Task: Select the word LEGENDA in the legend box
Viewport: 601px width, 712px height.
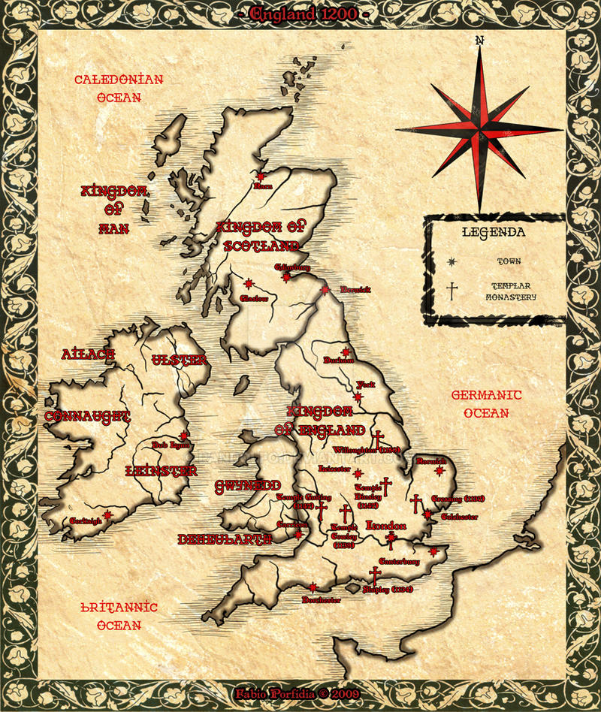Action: tap(494, 232)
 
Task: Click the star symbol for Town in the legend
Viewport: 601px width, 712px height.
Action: tap(452, 261)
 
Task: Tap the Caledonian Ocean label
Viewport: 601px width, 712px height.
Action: tap(119, 88)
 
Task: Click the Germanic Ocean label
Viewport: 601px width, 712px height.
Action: tap(486, 403)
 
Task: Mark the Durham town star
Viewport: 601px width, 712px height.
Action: tap(346, 351)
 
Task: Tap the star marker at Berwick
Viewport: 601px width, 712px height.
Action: tap(325, 290)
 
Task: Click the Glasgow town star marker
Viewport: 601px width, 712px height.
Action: tap(248, 284)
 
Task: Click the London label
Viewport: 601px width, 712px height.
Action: tap(385, 526)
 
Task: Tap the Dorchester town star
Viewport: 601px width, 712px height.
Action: tap(313, 587)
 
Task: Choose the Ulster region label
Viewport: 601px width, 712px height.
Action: tap(179, 361)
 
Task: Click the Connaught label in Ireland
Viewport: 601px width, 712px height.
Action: tap(87, 416)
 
